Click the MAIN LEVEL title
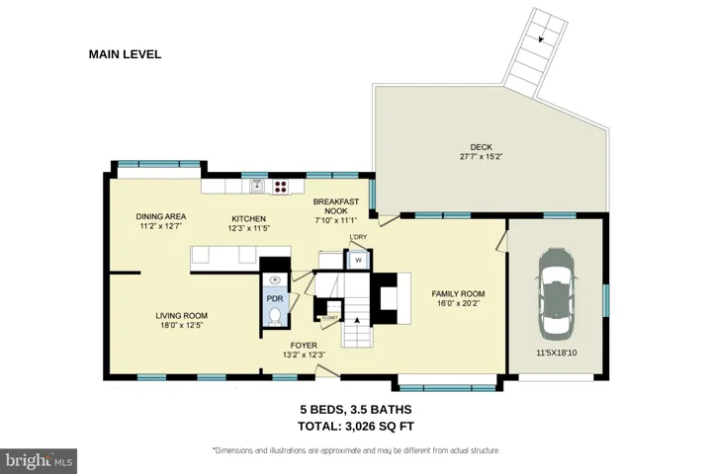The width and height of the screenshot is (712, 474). (125, 54)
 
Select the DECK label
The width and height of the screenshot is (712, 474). (481, 147)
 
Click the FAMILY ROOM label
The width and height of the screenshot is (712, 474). (458, 294)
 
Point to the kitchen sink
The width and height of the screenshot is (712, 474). (257, 186)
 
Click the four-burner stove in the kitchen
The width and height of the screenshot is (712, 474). (280, 187)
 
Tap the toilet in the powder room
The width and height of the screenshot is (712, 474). (275, 316)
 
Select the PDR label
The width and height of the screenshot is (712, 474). (275, 298)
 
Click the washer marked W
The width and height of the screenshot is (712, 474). (358, 261)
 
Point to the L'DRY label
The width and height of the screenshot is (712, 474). (358, 237)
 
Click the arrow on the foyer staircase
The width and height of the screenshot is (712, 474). (357, 320)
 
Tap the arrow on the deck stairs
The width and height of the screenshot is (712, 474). (541, 39)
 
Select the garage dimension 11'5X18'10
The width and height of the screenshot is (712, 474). (557, 353)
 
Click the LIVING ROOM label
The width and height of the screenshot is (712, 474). (182, 316)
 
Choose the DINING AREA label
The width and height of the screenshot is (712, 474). (161, 217)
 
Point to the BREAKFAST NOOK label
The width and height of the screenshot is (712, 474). (336, 206)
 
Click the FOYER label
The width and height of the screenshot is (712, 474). (304, 346)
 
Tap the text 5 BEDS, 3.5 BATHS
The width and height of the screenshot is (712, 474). (356, 410)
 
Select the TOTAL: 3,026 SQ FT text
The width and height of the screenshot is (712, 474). (356, 427)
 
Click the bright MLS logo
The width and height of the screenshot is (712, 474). (39, 461)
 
